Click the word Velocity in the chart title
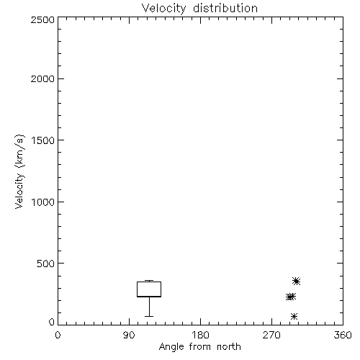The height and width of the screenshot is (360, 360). tap(163, 9)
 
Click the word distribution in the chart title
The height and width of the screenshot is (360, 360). tap(225, 8)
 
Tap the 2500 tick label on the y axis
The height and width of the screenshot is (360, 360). tap(42, 19)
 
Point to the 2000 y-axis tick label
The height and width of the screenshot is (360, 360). tap(42, 78)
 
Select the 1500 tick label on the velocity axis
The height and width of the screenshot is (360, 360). tap(43, 140)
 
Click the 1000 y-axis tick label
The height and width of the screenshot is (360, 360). tap(43, 202)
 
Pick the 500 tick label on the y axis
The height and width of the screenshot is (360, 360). tap(46, 264)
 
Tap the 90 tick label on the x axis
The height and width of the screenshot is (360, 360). tap(129, 335)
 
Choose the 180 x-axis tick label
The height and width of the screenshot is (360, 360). tap(200, 335)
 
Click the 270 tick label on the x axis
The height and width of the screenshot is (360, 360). tap(271, 335)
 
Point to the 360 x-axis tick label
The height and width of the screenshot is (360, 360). tap(343, 335)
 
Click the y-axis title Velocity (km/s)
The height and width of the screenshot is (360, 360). tap(19, 171)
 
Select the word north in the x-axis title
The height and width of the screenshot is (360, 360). tap(229, 346)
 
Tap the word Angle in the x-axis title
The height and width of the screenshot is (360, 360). tap(171, 347)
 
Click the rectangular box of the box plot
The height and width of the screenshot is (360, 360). tap(149, 282)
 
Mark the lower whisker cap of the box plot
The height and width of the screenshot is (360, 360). tap(149, 316)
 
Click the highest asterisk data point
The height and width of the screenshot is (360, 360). tap(297, 281)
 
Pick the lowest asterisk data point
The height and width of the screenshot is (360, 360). tap(294, 316)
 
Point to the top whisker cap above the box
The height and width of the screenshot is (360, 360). tap(149, 280)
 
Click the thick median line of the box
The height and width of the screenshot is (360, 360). tap(149, 297)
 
